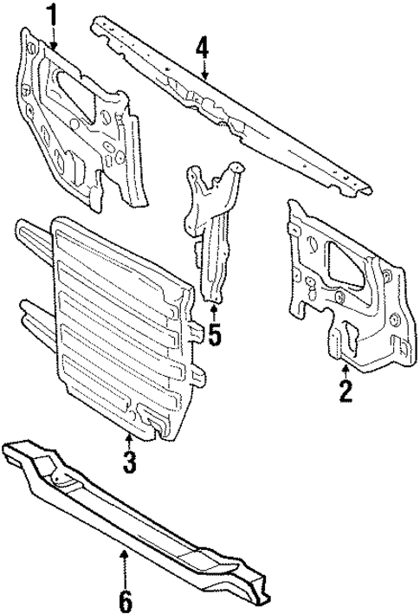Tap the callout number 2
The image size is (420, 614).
346,391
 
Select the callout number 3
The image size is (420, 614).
128,462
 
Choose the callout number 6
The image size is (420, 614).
125,598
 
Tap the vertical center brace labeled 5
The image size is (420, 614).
213,251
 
